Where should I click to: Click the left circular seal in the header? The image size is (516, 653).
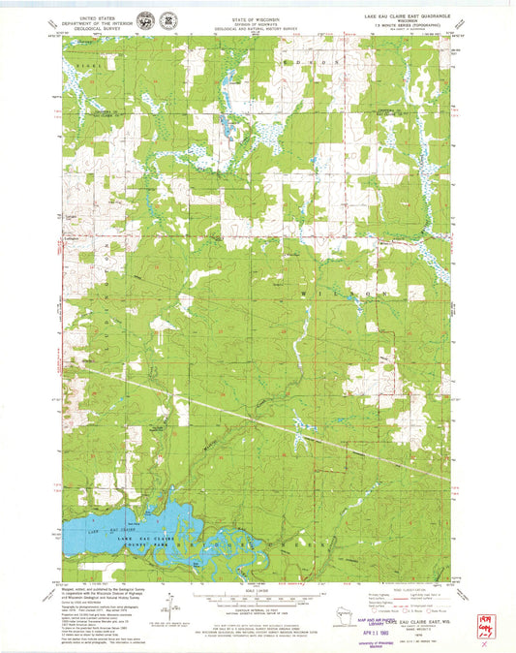point(146,19)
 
